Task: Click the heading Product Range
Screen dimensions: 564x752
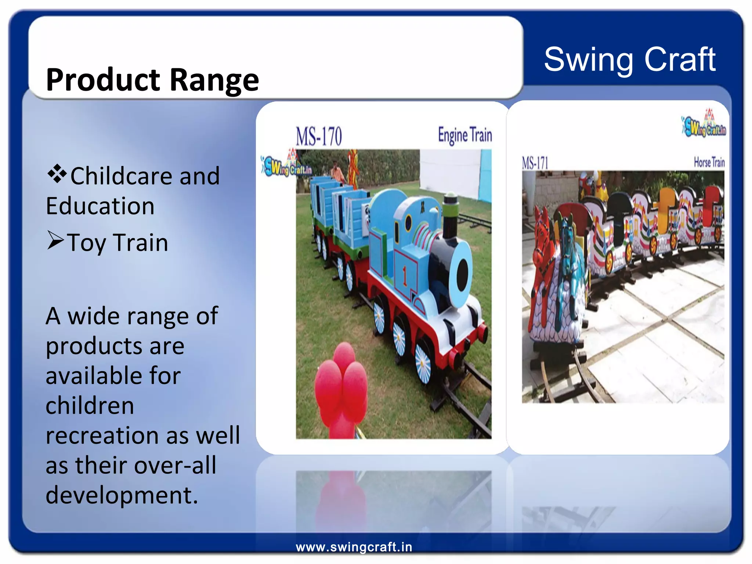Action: pos(152,80)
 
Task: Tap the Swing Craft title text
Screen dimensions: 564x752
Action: pos(629,59)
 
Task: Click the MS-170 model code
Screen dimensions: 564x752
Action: pos(319,136)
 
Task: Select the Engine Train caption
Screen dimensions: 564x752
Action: pos(464,135)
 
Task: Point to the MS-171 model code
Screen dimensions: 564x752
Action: pos(535,163)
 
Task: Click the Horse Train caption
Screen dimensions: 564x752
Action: pos(709,162)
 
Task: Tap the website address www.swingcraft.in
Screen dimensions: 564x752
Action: pos(354,547)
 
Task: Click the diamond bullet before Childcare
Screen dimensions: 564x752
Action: pos(57,174)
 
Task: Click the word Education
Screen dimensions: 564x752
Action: pos(100,206)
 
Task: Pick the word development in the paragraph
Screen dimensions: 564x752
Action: pos(121,495)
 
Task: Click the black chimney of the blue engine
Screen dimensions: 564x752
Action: pos(450,217)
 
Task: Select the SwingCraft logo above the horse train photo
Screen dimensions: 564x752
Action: pos(704,124)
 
